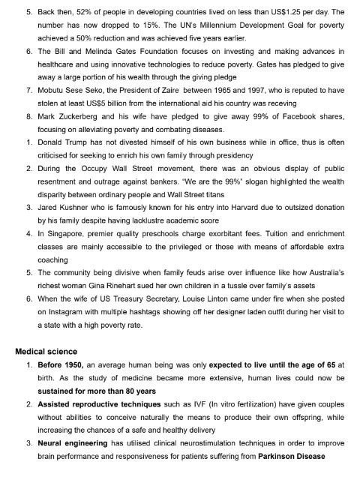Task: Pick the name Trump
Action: coord(83,143)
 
